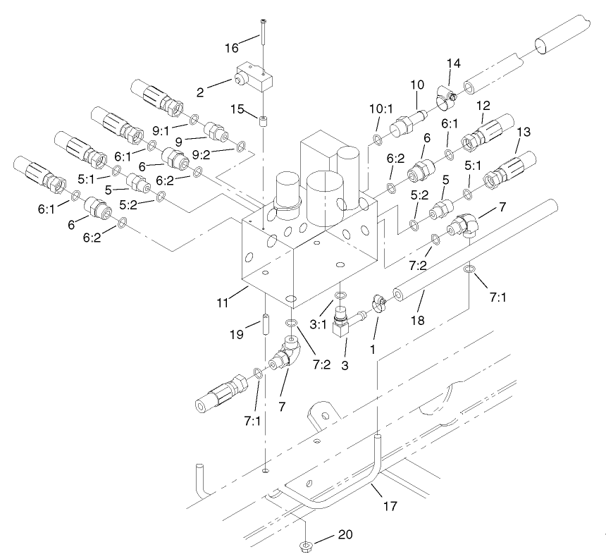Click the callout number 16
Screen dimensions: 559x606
[232, 49]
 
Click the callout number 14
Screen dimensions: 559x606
[454, 63]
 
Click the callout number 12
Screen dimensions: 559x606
[483, 105]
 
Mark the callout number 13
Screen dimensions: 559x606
[524, 133]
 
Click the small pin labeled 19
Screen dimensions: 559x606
[266, 326]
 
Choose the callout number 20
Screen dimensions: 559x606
[345, 534]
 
